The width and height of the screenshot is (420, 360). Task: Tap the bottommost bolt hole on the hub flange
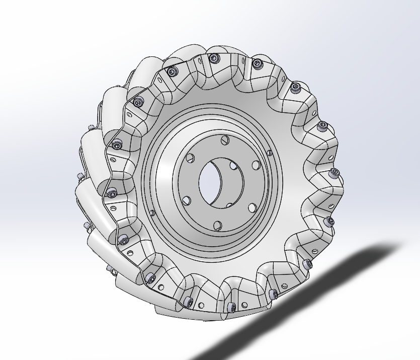point(217,225)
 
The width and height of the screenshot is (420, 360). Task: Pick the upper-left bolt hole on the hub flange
point(190,158)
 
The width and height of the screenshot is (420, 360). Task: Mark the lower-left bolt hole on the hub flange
point(187,201)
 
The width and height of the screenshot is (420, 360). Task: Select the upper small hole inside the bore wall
point(233,165)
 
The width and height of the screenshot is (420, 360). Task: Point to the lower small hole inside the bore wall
point(229,205)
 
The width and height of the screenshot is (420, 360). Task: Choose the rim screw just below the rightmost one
point(329,221)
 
